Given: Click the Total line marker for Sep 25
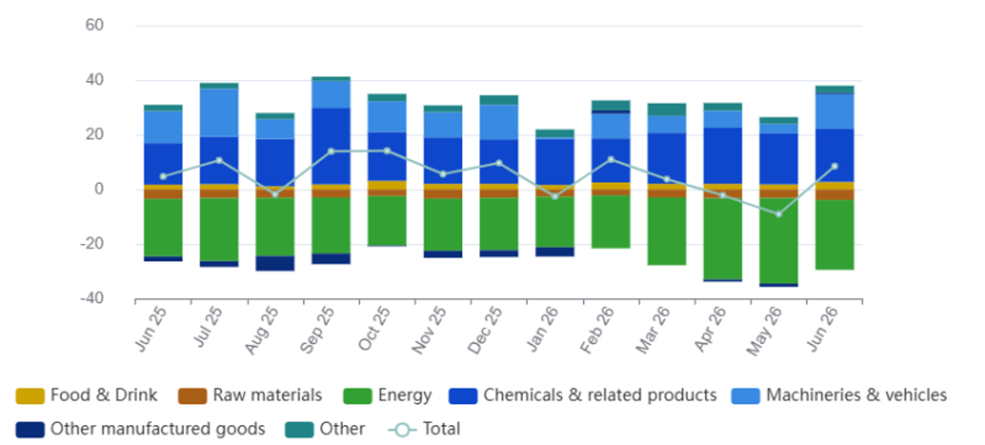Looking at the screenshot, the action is [331, 152].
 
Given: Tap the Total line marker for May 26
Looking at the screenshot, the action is [779, 214].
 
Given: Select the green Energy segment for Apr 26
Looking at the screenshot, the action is [722, 239].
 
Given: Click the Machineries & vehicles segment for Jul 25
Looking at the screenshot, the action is [219, 113].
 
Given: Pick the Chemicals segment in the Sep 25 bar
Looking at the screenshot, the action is [331, 146].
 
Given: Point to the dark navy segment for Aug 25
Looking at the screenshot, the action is [275, 263].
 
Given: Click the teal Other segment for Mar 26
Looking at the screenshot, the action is [666, 110].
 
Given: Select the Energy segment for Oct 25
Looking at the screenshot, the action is [387, 221].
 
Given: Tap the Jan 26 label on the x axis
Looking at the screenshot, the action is [543, 330].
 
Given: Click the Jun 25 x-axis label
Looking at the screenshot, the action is [151, 330].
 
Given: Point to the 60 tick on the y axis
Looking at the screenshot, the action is [94, 25].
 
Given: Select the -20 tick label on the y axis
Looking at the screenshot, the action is [92, 244].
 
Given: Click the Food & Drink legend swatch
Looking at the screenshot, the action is [30, 396].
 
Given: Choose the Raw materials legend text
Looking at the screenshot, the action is [267, 395].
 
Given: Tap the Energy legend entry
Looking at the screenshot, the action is [387, 396].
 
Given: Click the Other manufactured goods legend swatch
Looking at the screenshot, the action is [30, 429].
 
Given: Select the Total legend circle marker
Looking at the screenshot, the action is [402, 430].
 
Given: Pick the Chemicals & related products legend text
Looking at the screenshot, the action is [600, 395].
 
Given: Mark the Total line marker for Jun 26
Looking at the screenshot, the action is [835, 166].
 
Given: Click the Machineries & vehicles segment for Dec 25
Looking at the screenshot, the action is [499, 122].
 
